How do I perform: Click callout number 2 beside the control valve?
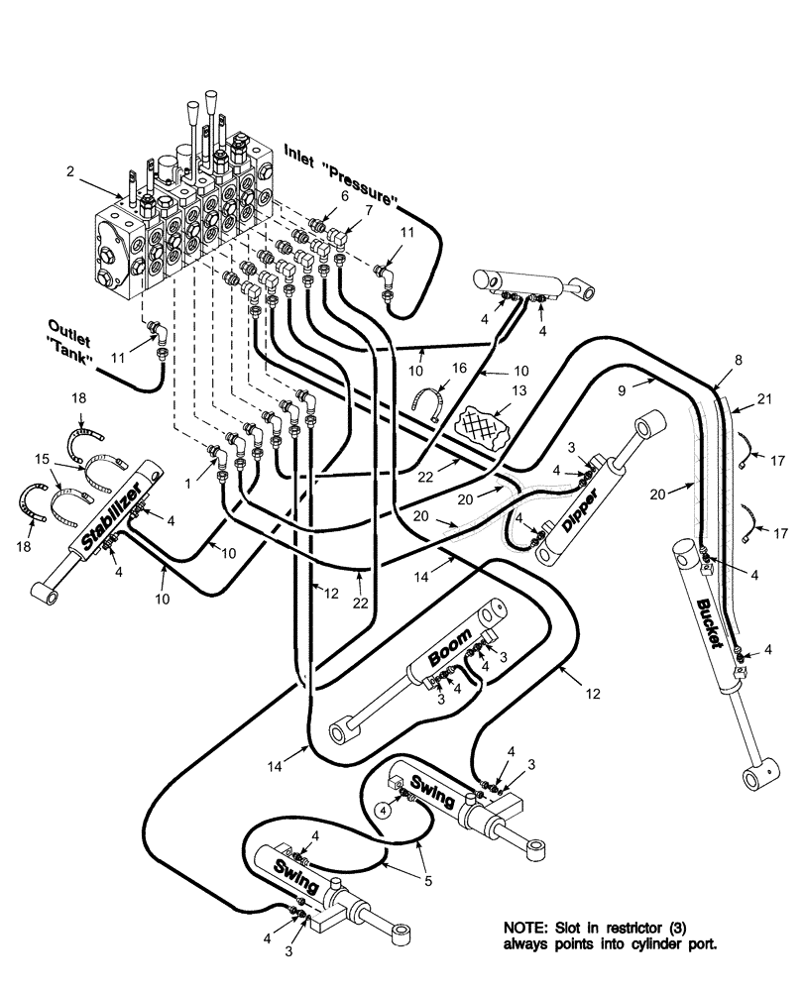70,170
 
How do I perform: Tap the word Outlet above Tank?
68,326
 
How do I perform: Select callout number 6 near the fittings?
344,195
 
